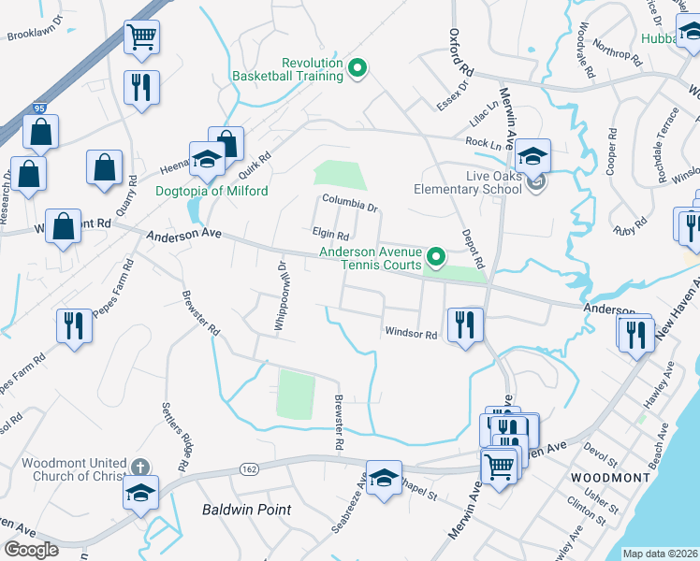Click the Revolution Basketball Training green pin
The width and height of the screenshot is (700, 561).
[357, 67]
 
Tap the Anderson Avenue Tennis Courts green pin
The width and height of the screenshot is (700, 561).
[435, 256]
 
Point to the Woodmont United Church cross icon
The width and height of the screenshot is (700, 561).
[139, 466]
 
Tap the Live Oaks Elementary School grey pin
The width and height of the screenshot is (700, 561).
[536, 182]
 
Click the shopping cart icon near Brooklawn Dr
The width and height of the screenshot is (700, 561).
[142, 37]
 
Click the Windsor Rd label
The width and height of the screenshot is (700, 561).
[411, 334]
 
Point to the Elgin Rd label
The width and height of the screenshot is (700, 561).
[330, 236]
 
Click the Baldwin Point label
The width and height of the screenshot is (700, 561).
[247, 510]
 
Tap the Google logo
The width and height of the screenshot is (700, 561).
[31, 550]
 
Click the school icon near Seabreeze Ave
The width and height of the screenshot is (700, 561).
[383, 479]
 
